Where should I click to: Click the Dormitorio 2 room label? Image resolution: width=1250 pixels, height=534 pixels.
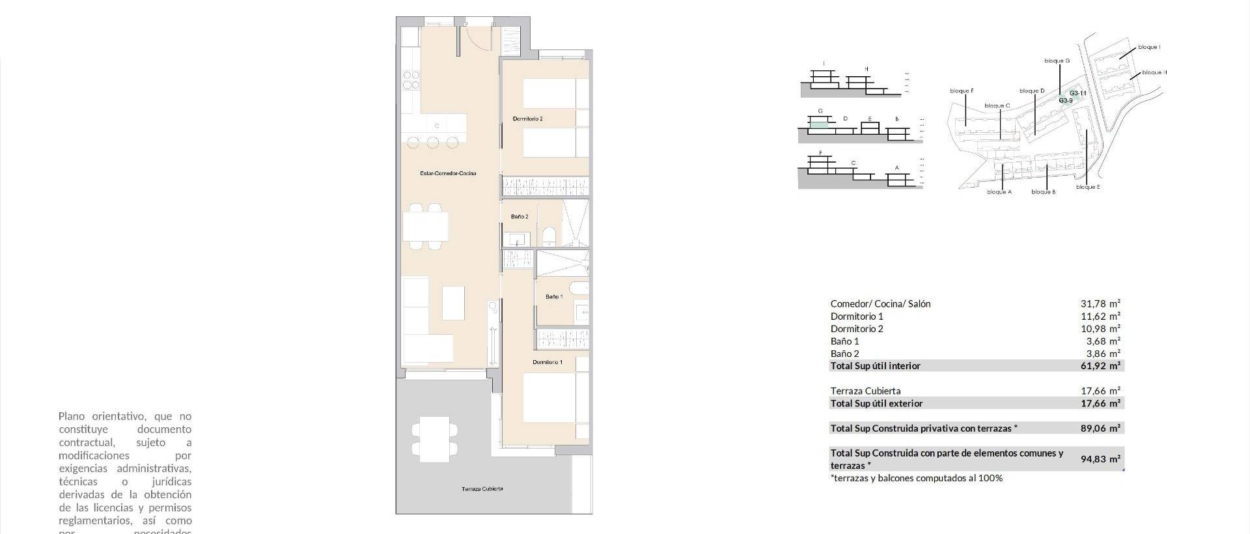527,119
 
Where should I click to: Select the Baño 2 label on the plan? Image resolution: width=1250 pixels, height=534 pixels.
519,217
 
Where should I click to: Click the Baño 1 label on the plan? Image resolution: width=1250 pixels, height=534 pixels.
553,297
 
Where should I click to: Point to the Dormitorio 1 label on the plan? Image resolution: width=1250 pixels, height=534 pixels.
547,362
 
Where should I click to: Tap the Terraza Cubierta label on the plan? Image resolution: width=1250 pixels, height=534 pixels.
482,488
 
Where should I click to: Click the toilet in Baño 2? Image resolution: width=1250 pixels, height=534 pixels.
548,236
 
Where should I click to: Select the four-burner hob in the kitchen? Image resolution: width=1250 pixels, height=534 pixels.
411,80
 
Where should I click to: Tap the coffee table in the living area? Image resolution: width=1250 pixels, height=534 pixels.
453,303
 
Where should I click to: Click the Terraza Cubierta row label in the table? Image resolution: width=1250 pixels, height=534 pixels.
865,391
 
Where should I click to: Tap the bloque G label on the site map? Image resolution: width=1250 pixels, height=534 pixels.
1057,61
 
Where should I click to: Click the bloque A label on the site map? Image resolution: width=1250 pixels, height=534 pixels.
999,192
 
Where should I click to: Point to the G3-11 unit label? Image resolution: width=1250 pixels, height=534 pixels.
1077,93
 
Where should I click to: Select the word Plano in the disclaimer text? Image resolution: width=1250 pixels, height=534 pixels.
72,416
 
